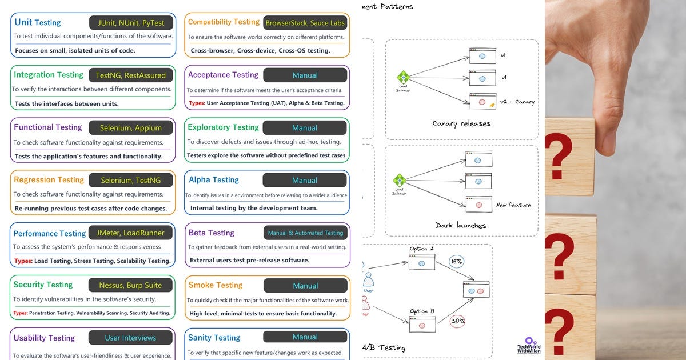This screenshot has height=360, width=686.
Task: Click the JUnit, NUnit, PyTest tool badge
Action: tap(131, 23)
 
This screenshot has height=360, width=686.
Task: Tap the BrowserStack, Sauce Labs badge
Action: tap(305, 23)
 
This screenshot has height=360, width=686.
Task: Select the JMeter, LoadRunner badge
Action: tap(131, 233)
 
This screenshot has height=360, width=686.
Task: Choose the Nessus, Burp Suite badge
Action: tap(131, 285)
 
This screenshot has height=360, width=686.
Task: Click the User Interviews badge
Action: tap(131, 338)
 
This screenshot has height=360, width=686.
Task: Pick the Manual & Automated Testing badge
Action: tap(305, 233)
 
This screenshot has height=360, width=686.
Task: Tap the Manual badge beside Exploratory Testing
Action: tap(305, 128)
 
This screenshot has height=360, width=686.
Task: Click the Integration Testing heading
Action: tap(49, 75)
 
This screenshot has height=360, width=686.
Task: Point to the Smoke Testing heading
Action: tap(216, 285)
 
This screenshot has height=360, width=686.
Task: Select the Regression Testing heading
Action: tap(49, 180)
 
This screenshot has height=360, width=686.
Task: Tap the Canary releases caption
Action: tap(461, 123)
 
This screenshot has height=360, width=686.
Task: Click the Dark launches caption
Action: tap(461, 225)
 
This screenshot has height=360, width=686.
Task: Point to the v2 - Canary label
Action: tap(517, 102)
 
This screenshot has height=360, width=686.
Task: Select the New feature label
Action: tap(513, 205)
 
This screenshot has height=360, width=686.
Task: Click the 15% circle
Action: tap(457, 262)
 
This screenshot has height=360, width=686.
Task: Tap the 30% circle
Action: tap(457, 321)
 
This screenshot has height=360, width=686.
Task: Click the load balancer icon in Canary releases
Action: tap(403, 77)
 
